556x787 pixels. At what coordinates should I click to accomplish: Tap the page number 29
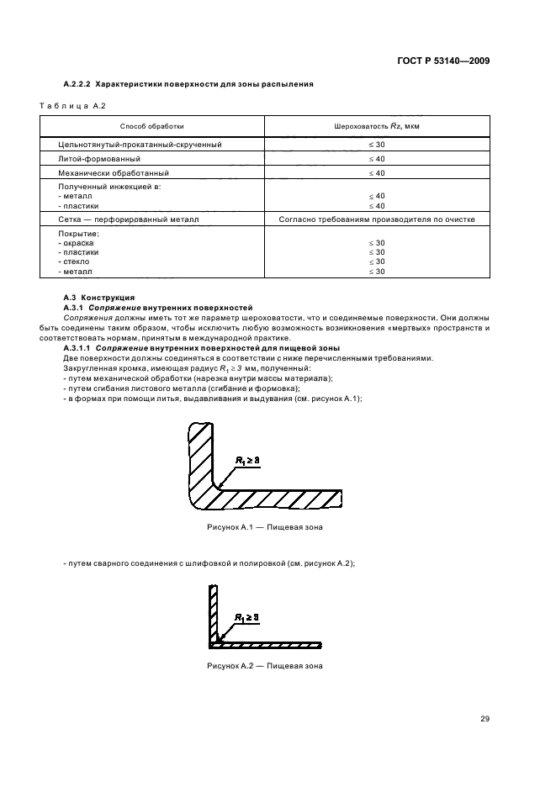pos(485,718)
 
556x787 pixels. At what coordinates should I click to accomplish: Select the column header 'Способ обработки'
pos(151,126)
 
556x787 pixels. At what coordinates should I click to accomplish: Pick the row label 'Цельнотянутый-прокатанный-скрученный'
pos(140,145)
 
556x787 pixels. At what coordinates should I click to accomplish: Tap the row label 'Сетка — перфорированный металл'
pos(128,219)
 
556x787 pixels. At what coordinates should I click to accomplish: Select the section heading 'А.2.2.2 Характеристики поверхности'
pos(189,85)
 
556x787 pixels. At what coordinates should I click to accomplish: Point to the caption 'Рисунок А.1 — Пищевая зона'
pos(264,526)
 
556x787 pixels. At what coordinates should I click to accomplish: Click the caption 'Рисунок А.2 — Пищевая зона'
pos(264,666)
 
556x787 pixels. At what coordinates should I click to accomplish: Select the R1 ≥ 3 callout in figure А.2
pos(246,617)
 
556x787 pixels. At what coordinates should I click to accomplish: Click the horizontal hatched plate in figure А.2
pos(269,646)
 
